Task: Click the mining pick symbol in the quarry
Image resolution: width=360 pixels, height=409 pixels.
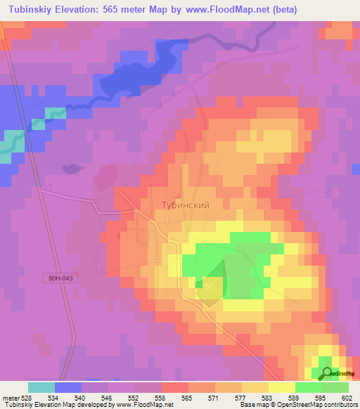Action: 209,285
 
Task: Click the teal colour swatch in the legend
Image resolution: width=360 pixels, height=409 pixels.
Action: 41,387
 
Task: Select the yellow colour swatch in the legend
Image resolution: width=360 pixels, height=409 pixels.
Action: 282,387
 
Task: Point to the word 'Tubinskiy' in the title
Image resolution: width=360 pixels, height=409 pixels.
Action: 33,10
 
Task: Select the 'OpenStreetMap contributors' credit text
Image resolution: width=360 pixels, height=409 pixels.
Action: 309,405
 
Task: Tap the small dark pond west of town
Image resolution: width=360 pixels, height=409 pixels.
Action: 70,168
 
